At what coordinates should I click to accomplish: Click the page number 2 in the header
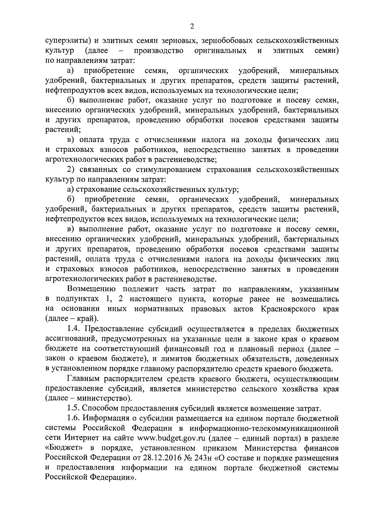click(192, 27)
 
